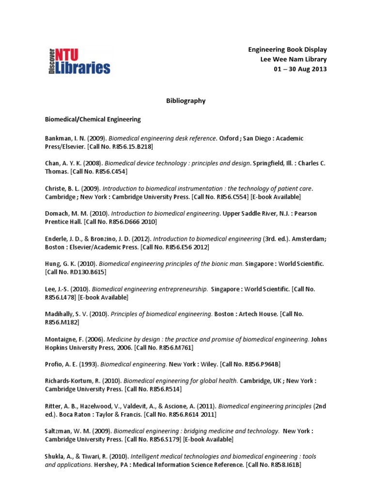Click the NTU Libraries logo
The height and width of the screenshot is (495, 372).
click(x=79, y=60)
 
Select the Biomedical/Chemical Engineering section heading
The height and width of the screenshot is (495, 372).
click(x=93, y=119)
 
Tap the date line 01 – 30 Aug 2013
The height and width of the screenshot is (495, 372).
click(x=301, y=69)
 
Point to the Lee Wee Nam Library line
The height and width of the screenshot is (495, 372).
click(x=294, y=59)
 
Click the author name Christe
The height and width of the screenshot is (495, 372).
click(x=55, y=189)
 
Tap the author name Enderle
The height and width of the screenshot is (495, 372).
click(x=57, y=239)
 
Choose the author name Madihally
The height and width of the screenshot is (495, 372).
click(x=60, y=314)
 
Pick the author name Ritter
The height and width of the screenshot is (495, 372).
click(x=54, y=406)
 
